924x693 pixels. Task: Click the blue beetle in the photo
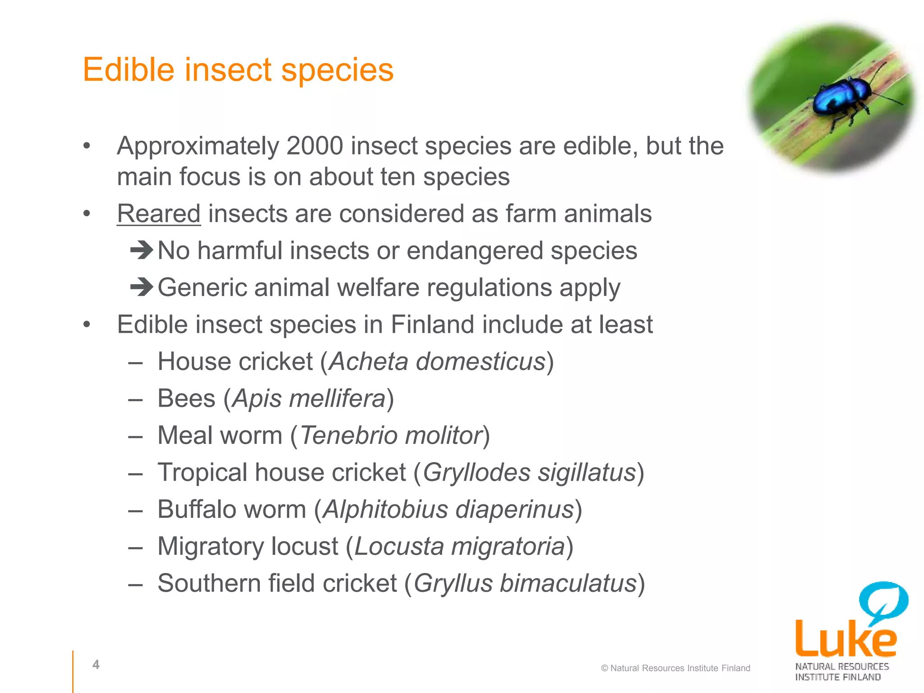point(842,97)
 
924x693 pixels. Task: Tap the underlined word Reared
point(159,213)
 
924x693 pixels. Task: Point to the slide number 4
point(96,664)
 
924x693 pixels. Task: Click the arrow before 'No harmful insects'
point(142,250)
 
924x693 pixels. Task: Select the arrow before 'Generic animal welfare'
point(142,287)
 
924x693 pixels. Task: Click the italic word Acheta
point(368,362)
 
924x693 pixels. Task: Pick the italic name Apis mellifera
point(309,399)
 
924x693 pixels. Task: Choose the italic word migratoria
point(508,547)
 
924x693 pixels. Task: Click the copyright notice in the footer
point(675,668)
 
